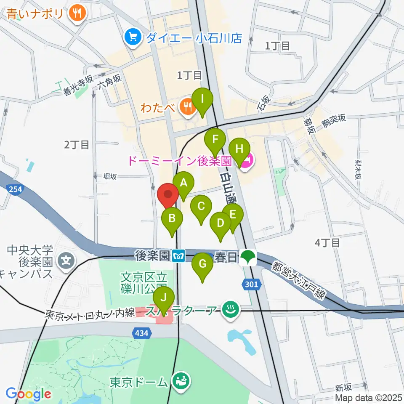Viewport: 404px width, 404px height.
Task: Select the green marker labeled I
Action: coord(202,100)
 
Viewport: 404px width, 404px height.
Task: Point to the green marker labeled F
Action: coord(215,139)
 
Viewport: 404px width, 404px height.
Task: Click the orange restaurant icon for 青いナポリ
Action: coord(77,13)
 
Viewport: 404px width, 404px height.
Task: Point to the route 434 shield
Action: coord(142,333)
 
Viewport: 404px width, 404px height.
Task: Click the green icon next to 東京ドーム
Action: coord(182,382)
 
